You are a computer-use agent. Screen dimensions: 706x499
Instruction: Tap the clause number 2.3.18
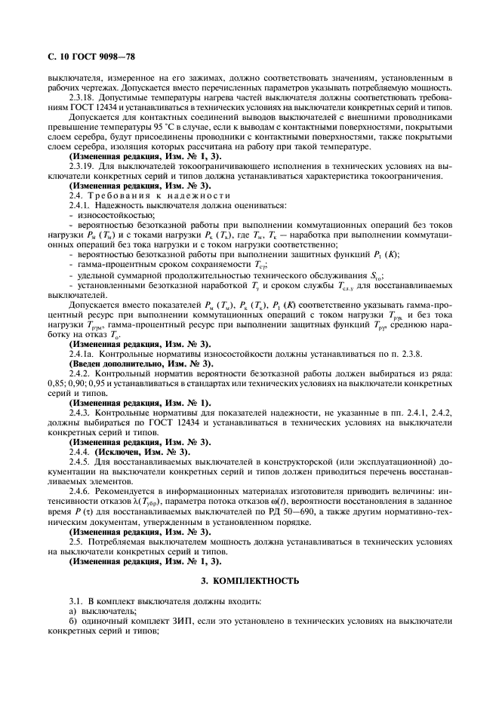coord(81,98)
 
